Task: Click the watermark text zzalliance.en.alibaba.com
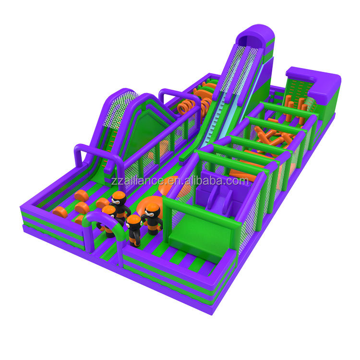coord(180,180)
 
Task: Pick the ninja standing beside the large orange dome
coord(152,218)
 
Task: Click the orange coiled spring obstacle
coord(186,106)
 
